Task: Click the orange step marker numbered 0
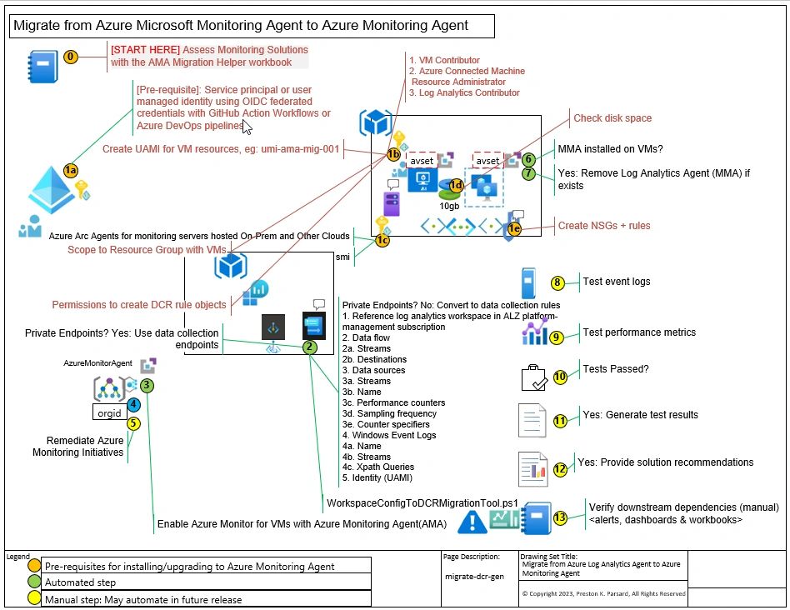(x=71, y=57)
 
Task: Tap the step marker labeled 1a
(x=71, y=170)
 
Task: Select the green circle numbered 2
(x=309, y=347)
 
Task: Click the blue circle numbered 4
(x=133, y=404)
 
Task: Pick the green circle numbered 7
(x=527, y=174)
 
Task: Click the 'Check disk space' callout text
(x=612, y=118)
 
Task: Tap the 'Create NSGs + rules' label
(x=604, y=226)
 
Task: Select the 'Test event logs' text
(x=617, y=282)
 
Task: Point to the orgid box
(x=109, y=412)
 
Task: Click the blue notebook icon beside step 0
(x=39, y=64)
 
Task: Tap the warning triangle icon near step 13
(x=472, y=521)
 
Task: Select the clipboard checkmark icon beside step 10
(x=533, y=377)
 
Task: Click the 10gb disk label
(x=450, y=205)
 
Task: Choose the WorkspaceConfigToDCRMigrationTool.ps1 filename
(x=422, y=503)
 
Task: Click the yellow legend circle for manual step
(x=33, y=597)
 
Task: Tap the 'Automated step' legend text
(x=81, y=582)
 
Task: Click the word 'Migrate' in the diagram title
(x=35, y=26)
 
